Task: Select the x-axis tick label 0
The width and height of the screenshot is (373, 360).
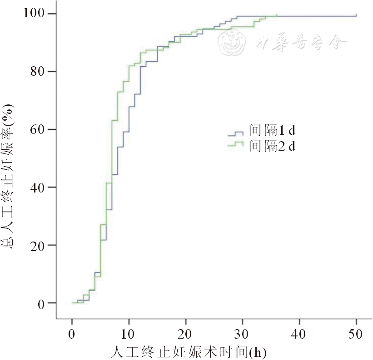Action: click(x=72, y=335)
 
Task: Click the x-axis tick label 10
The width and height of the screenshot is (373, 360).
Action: click(x=129, y=335)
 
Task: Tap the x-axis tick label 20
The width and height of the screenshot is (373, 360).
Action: click(x=186, y=335)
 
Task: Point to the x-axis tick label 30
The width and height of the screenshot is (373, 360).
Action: click(x=243, y=335)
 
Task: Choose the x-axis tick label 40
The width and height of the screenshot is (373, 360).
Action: click(x=299, y=335)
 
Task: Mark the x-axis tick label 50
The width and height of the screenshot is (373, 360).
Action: click(x=356, y=335)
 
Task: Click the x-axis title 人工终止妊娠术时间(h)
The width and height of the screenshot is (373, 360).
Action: click(x=188, y=352)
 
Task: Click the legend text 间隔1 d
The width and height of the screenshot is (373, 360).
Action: click(x=272, y=132)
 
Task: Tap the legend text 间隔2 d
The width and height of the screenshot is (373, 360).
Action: click(x=272, y=146)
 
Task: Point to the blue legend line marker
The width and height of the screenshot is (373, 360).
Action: click(x=236, y=133)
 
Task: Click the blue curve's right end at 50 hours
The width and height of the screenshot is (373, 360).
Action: click(x=356, y=16)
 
